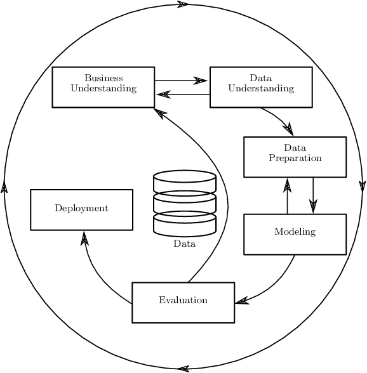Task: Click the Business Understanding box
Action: tap(103, 87)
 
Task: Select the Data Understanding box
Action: tap(260, 87)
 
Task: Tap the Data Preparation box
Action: tap(295, 157)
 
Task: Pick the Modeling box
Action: tap(295, 233)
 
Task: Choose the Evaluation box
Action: tap(183, 302)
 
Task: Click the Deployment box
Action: tap(81, 209)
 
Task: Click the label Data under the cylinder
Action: tap(184, 244)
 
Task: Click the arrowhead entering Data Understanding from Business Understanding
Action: tap(201, 81)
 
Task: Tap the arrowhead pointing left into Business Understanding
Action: tap(163, 95)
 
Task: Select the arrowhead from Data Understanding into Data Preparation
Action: tap(289, 129)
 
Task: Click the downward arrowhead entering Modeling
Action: tap(313, 206)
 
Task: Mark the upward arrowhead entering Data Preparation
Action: tap(288, 185)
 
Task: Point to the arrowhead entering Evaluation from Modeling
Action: tap(242, 301)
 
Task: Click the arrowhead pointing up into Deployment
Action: tap(84, 237)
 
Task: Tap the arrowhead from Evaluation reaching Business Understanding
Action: tap(160, 112)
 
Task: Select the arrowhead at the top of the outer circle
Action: tap(183, 4)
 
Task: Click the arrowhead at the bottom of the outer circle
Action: tap(183, 369)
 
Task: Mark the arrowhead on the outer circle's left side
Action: tap(4, 187)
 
